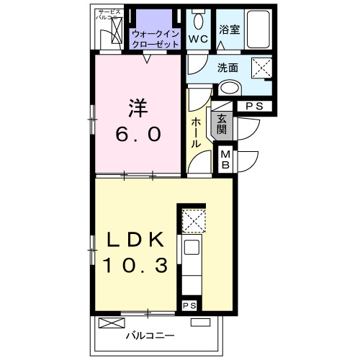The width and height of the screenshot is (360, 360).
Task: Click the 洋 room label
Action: [x=138, y=108]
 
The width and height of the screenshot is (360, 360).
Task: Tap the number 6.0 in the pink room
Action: [x=138, y=134]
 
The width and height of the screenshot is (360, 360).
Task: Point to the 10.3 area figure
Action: [x=136, y=266]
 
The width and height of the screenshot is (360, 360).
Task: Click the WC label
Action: [x=199, y=38]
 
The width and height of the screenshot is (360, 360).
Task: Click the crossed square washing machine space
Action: [x=261, y=69]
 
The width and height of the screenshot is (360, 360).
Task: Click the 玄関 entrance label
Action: [x=222, y=125]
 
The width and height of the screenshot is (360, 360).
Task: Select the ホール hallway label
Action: [x=196, y=133]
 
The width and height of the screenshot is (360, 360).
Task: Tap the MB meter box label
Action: [x=226, y=159]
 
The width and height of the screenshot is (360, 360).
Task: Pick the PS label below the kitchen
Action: [x=189, y=306]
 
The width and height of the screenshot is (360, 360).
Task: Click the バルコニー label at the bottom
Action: [x=151, y=336]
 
